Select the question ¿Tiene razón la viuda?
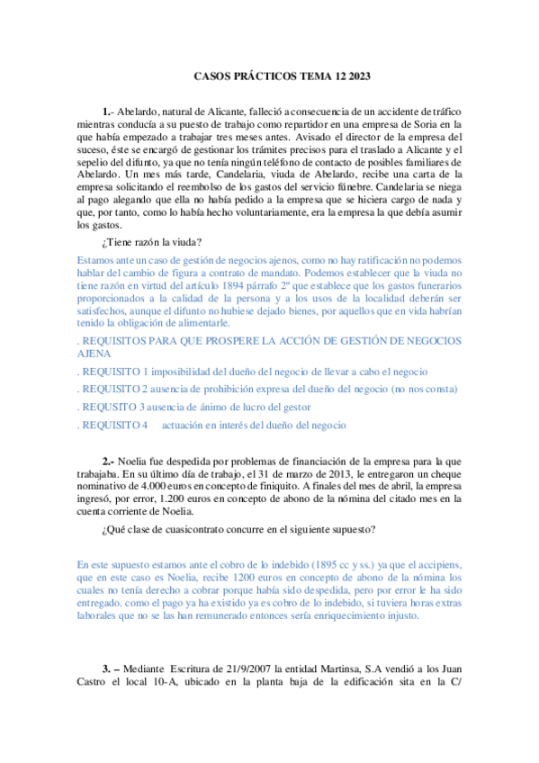152,241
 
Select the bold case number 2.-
108,461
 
